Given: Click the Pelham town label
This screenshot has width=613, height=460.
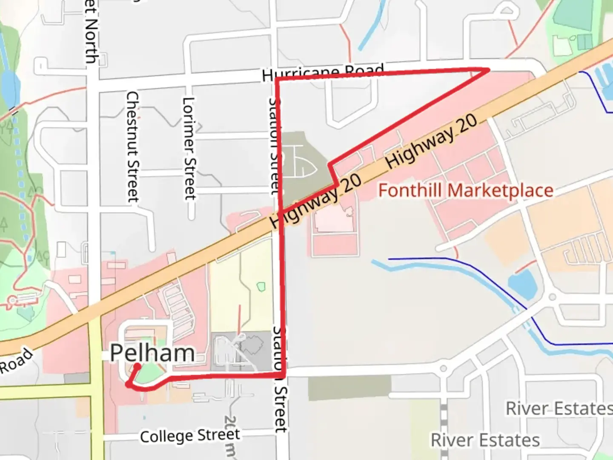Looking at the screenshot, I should pyautogui.click(x=152, y=353).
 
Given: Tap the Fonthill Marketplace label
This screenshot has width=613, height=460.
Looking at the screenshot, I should pyautogui.click(x=466, y=190).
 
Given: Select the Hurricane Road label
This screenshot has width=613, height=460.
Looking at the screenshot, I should pyautogui.click(x=323, y=73).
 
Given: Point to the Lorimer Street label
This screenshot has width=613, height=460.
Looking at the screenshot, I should pyautogui.click(x=189, y=148).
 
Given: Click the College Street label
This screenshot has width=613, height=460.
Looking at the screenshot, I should pyautogui.click(x=190, y=435).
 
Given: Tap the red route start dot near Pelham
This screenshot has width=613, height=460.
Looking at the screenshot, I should pyautogui.click(x=137, y=366).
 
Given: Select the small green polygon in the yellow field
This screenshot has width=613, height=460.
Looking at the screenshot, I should pyautogui.click(x=261, y=287).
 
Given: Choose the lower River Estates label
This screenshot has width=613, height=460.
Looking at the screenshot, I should pyautogui.click(x=485, y=440).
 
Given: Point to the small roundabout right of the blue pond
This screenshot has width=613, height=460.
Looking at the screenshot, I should pyautogui.click(x=552, y=296).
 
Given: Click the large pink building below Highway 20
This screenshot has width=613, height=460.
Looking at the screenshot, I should pyautogui.click(x=335, y=219).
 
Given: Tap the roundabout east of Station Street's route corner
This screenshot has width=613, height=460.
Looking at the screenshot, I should pyautogui.click(x=443, y=368).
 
